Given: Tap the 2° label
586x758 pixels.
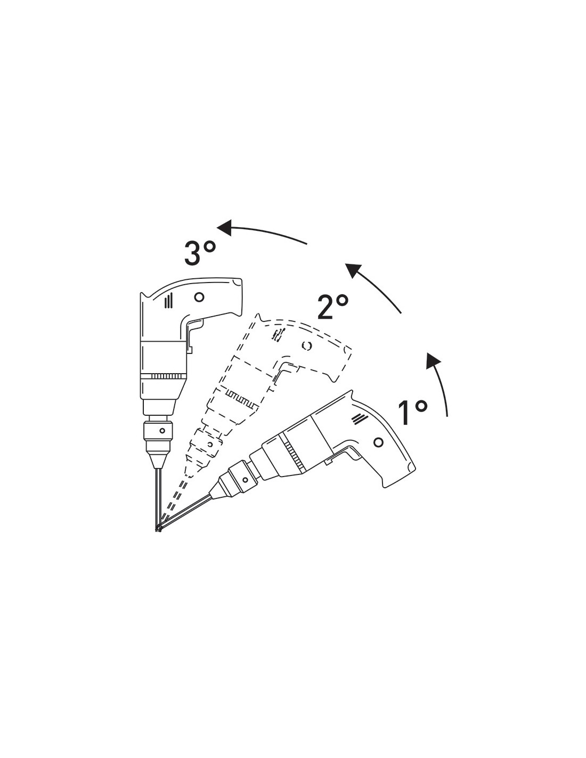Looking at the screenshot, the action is [332, 307].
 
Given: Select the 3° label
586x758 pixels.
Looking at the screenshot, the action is [200, 253].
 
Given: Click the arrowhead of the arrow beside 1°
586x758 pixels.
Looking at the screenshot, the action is [433, 361].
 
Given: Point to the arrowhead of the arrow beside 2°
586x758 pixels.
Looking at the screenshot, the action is [354, 270].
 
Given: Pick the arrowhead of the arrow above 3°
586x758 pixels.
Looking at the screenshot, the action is [225, 228].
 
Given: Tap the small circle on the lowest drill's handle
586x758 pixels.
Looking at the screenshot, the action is [378, 442].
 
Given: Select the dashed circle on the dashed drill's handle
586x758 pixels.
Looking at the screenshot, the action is [306, 345].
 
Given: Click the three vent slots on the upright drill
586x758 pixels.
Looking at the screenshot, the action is [168, 301].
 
